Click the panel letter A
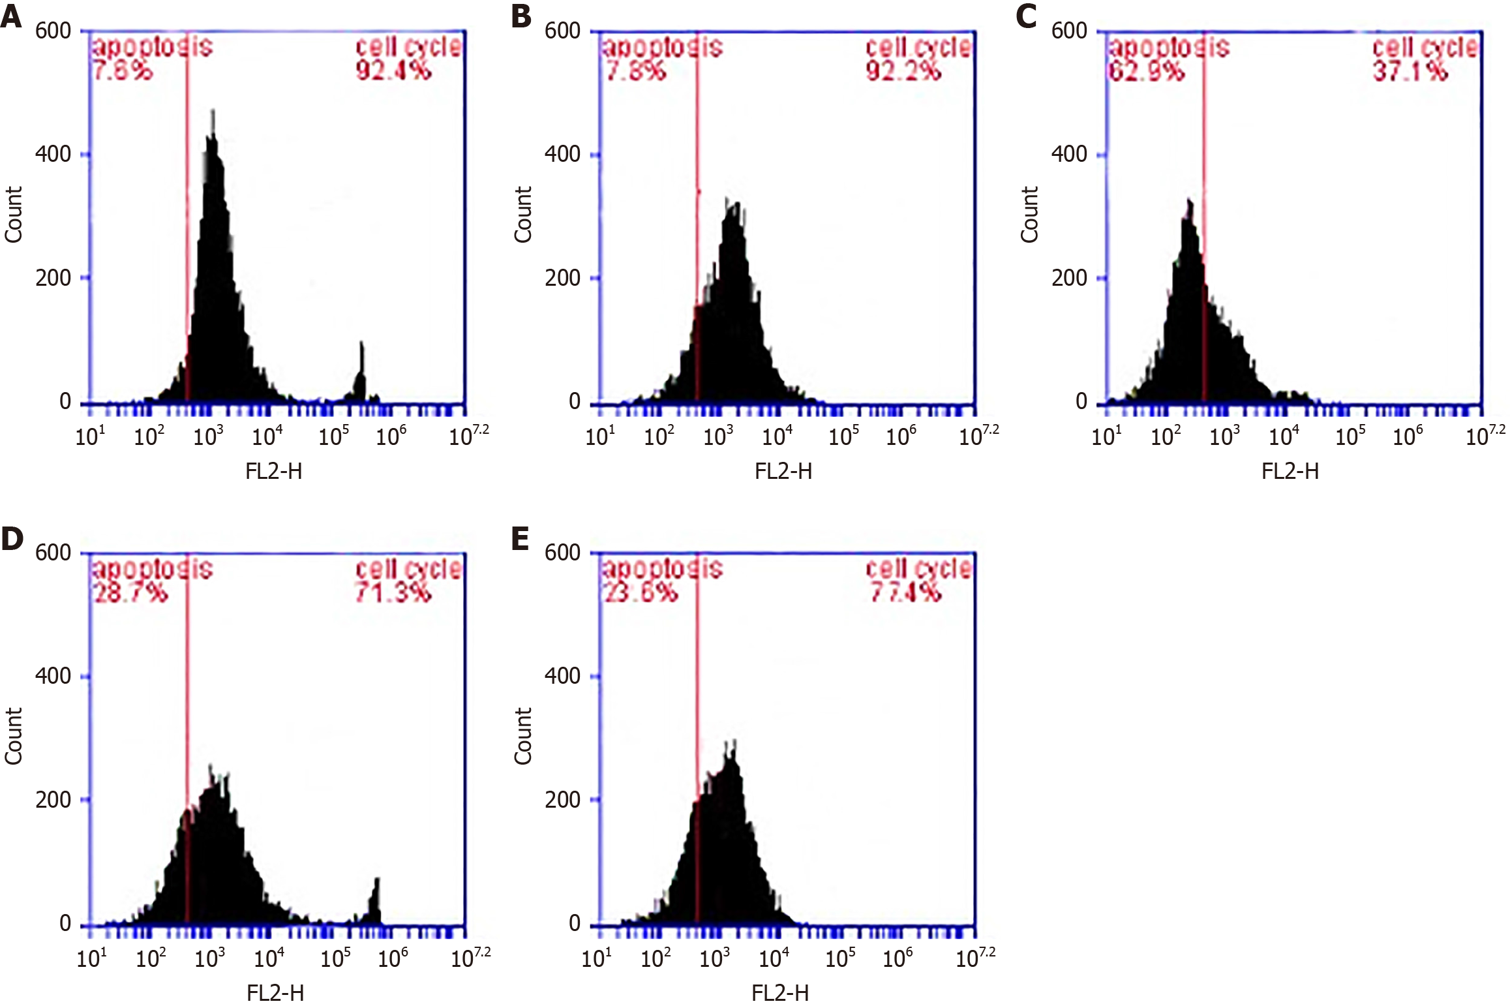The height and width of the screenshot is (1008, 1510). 11,16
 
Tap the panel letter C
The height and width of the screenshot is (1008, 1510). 1026,16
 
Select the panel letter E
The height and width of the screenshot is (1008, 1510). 520,539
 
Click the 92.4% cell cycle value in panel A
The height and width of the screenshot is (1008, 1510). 393,70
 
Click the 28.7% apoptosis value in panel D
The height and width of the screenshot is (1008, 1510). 130,592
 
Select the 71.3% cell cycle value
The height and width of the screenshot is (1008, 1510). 393,592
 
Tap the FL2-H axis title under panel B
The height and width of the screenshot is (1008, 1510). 783,471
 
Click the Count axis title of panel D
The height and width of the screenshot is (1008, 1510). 14,736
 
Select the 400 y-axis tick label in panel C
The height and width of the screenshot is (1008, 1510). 1069,155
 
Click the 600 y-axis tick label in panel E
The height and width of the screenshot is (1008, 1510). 562,553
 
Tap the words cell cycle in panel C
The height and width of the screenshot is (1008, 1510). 1425,47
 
